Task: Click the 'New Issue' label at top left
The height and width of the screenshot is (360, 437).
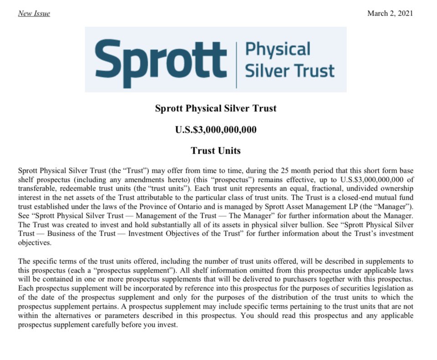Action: coord(34,13)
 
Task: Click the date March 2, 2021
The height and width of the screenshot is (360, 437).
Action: coord(390,13)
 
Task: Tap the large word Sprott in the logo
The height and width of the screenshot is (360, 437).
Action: coord(161,59)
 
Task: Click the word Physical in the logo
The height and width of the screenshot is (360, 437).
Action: coord(278,49)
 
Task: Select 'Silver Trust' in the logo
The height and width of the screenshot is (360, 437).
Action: coord(290,71)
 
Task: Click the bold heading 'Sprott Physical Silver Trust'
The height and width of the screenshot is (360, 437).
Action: coord(215,108)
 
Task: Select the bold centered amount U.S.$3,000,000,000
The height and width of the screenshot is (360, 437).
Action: coord(215,129)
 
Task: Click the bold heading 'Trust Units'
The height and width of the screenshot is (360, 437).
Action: coord(215,150)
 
